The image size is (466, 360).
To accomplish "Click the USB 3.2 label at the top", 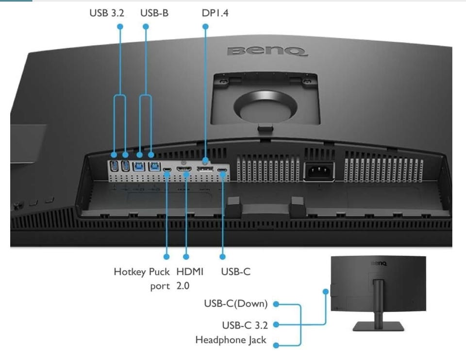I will click(x=106, y=13).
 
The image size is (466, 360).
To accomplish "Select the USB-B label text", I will click(x=154, y=13).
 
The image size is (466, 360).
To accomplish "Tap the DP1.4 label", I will click(x=215, y=13).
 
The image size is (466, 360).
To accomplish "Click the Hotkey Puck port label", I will click(x=142, y=278).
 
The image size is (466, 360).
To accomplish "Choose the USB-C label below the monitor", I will click(x=235, y=272).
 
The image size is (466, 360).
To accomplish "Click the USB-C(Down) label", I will click(x=235, y=304).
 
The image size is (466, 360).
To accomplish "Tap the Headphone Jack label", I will click(x=231, y=340).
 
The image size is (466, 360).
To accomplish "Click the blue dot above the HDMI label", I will click(x=185, y=255).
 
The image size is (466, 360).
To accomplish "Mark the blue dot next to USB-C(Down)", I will click(x=276, y=305).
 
